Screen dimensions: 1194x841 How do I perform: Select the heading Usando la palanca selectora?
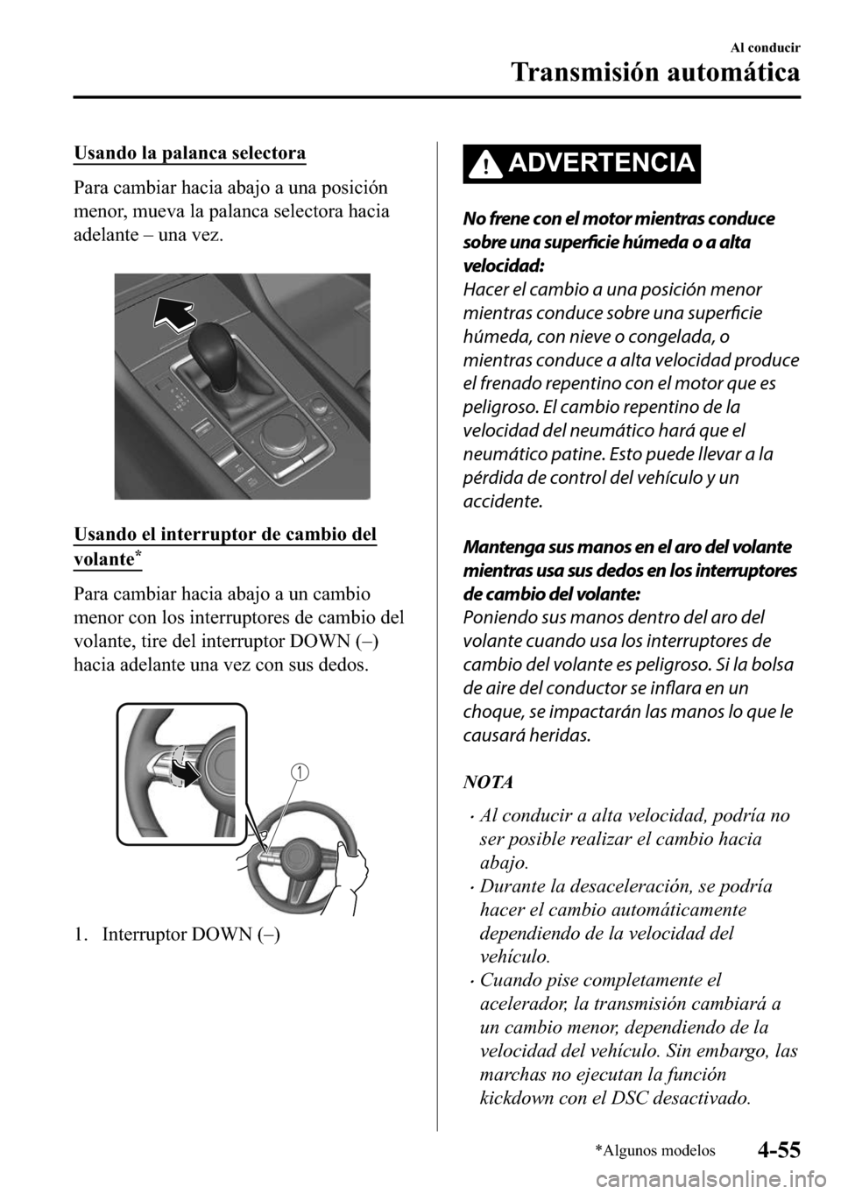(x=190, y=154)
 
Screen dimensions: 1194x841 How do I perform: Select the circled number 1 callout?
(x=300, y=771)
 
